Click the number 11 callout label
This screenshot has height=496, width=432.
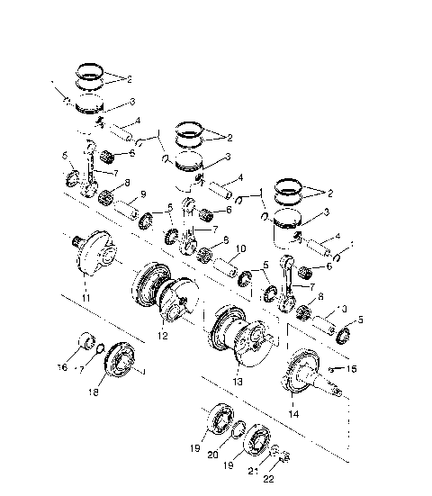85,297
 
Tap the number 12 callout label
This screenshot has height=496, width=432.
163,336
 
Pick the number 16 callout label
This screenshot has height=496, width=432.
62,368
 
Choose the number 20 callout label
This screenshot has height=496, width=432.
213,455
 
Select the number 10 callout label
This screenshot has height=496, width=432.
240,248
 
